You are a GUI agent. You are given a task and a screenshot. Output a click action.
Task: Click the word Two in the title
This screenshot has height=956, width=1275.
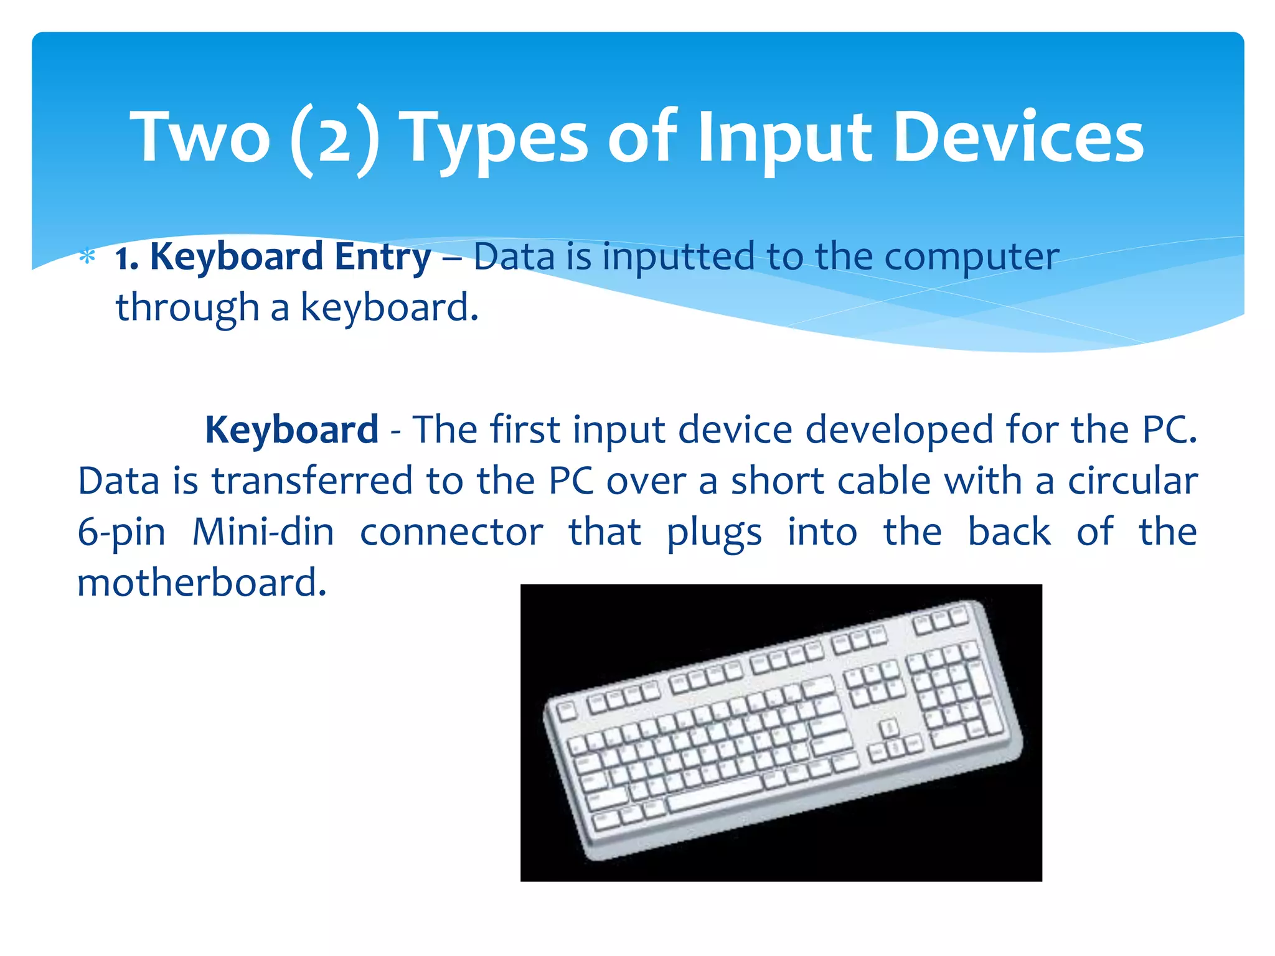(200, 137)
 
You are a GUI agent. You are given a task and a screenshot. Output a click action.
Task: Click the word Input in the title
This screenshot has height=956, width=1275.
(784, 140)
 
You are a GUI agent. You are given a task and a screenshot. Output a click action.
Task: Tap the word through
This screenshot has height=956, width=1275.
(187, 309)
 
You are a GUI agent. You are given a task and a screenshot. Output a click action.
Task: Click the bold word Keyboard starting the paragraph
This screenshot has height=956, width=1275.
(291, 430)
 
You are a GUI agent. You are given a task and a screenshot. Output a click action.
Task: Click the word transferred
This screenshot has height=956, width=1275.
(313, 482)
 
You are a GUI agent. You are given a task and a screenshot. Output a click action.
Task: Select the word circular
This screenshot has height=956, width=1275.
(1133, 482)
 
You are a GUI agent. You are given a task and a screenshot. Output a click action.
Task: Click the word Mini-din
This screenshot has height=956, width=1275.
(263, 533)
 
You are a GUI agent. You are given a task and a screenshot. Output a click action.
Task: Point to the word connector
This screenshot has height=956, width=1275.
(451, 533)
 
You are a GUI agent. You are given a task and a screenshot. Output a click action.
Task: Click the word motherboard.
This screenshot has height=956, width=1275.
(202, 584)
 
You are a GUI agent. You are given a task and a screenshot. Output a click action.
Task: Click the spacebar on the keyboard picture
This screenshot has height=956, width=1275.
(716, 794)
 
